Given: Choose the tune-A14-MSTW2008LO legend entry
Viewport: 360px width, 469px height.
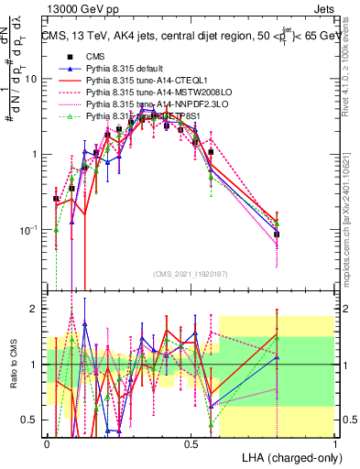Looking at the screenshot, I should tap(147, 93).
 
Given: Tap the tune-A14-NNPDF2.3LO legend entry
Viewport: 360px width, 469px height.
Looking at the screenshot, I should tap(147, 104).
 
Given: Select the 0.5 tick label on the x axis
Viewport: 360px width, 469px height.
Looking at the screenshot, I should tap(191, 443).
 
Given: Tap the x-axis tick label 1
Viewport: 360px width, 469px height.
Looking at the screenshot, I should tap(335, 443).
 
